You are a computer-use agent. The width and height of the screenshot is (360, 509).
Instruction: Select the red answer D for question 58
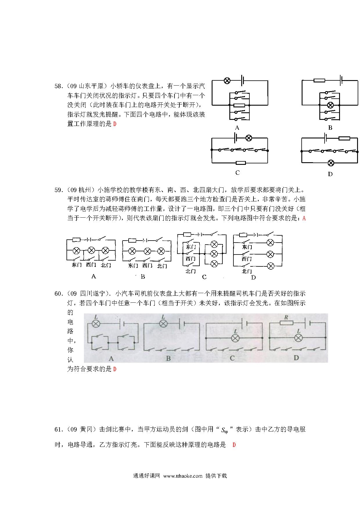[x=115, y=124]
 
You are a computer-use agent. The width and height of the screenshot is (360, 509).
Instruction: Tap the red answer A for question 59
[x=304, y=218]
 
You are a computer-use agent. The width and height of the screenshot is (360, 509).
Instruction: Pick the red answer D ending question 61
[x=234, y=445]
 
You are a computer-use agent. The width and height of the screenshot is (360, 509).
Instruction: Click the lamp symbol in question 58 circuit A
[x=227, y=80]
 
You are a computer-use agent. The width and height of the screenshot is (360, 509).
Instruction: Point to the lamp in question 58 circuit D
[x=330, y=163]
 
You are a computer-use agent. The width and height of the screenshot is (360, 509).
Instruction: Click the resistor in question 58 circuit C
[x=241, y=163]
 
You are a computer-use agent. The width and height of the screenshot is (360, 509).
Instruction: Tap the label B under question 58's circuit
[x=330, y=128]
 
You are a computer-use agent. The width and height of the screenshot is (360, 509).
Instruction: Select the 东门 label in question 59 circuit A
[x=77, y=265]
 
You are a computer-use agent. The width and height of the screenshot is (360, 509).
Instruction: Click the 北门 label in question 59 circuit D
[x=247, y=271]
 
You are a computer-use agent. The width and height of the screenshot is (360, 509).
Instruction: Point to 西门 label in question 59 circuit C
[x=190, y=259]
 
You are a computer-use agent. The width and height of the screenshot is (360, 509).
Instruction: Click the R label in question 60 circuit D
[x=286, y=317]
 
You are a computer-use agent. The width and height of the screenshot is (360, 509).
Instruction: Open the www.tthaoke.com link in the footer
[x=183, y=476]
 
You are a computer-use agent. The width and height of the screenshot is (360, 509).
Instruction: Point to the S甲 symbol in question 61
[x=224, y=430]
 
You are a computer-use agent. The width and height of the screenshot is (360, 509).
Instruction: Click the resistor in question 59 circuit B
[x=132, y=240]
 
